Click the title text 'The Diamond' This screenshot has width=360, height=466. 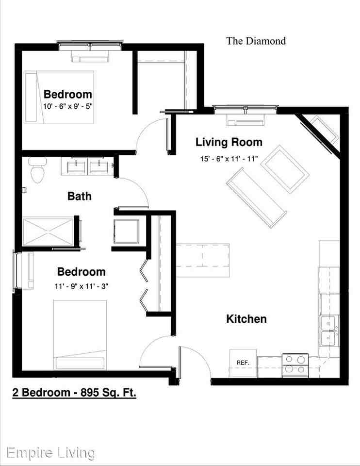pos(256,41)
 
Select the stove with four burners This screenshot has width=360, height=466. pos(295,364)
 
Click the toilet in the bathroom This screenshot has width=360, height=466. pos(37,171)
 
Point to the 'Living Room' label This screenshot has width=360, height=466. pos(229,142)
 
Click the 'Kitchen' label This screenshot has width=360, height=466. pos(246,319)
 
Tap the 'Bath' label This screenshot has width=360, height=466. pos(80,196)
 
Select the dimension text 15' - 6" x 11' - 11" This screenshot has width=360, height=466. pos(229,158)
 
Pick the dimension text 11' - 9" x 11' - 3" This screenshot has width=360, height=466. pos(81,286)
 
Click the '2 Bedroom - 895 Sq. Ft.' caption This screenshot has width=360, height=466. pos(74,392)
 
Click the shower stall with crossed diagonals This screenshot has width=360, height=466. pos(48,233)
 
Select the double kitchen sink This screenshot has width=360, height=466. pos(328,330)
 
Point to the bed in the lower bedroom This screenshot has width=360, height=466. pos(80,335)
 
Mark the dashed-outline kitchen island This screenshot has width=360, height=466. pos(203,259)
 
